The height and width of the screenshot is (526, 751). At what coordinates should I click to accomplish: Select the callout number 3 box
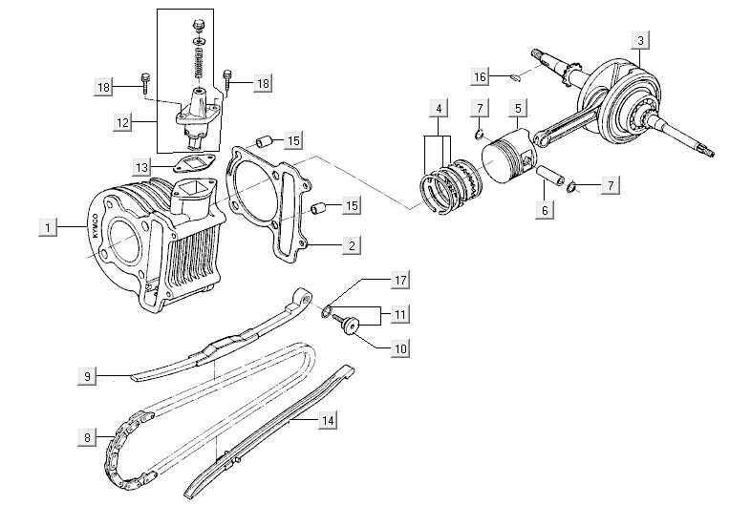(x=641, y=40)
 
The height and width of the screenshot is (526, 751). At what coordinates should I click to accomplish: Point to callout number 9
(x=87, y=377)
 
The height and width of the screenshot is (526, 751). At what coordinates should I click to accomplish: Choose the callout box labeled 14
(x=328, y=418)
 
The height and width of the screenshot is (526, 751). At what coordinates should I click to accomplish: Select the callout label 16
(x=480, y=75)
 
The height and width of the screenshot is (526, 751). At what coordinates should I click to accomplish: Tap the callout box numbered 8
(x=87, y=438)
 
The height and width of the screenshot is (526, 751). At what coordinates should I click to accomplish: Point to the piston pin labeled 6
(x=551, y=179)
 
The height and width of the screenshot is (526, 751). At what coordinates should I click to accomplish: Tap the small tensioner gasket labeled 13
(x=197, y=162)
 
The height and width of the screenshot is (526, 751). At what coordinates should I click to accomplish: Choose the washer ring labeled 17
(x=328, y=311)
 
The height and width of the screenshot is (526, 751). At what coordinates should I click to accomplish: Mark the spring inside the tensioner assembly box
(x=198, y=64)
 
